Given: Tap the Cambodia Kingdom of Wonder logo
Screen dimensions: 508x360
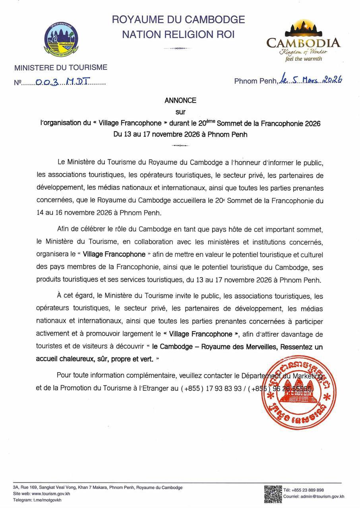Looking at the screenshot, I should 303,41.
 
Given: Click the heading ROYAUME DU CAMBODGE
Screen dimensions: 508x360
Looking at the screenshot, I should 178,19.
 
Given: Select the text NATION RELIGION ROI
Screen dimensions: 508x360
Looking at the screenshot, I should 178,35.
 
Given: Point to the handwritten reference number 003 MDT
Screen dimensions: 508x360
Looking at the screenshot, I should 64,82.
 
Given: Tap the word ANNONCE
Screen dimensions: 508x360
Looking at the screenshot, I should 180,101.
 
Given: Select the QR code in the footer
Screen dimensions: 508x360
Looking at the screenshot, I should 273,494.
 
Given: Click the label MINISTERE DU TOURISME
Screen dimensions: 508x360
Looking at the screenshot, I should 61,68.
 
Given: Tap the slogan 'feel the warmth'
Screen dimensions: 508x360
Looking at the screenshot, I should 303,59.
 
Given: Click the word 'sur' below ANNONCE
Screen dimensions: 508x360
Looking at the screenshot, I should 180,112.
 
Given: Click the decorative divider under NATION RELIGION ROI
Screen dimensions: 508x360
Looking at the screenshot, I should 178,48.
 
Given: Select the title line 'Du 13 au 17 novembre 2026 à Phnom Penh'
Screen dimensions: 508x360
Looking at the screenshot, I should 180,134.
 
